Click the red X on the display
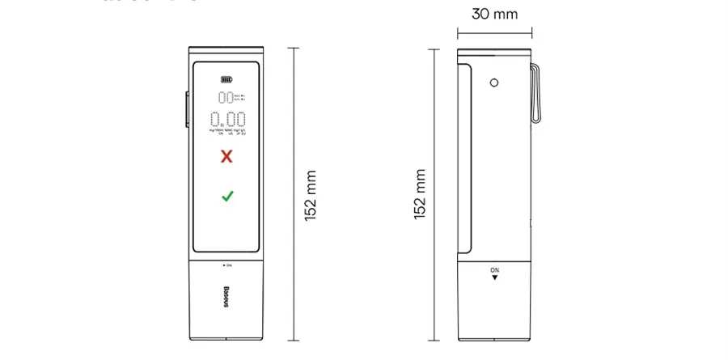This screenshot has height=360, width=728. (226, 156)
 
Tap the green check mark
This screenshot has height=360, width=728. (227, 196)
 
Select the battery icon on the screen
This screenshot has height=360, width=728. (226, 80)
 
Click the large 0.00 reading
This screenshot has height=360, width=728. (227, 121)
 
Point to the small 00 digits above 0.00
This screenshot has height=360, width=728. (226, 98)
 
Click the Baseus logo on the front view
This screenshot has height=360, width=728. (226, 295)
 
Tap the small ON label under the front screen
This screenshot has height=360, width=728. (227, 265)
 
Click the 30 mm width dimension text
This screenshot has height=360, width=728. (495, 14)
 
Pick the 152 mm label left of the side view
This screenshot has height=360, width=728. (419, 195)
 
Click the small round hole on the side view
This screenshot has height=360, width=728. (493, 82)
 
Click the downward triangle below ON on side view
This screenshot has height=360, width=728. (495, 277)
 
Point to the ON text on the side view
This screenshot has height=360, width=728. (495, 269)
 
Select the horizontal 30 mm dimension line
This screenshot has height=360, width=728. (495, 33)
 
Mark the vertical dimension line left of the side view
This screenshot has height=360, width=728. (436, 194)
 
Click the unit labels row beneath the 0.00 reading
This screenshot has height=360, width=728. (226, 132)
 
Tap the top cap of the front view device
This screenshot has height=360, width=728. (226, 51)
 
